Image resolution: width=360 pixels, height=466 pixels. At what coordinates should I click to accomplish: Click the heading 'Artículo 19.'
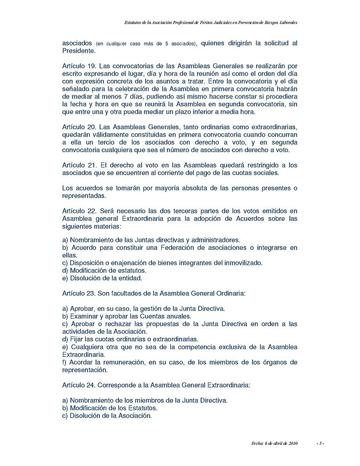coord(79,66)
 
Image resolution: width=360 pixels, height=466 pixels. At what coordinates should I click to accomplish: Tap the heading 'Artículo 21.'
coord(79,165)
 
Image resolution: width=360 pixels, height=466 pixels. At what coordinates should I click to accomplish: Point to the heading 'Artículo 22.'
coord(79,212)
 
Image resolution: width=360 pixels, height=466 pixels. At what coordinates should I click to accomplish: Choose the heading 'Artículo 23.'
coord(79,293)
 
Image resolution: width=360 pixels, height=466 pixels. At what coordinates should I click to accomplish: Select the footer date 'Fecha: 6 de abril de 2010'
coord(275,443)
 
